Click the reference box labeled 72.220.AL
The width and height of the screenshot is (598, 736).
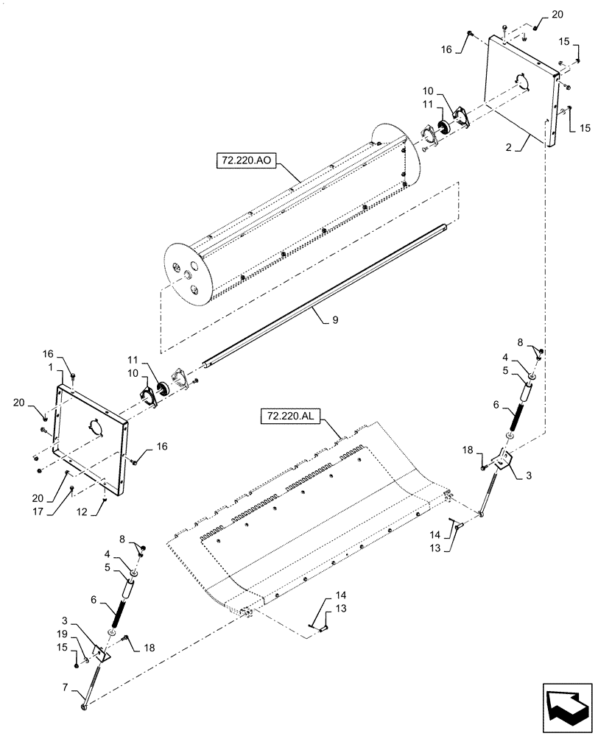coord(289,417)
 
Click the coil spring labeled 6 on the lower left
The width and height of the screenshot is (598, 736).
coord(117,610)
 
